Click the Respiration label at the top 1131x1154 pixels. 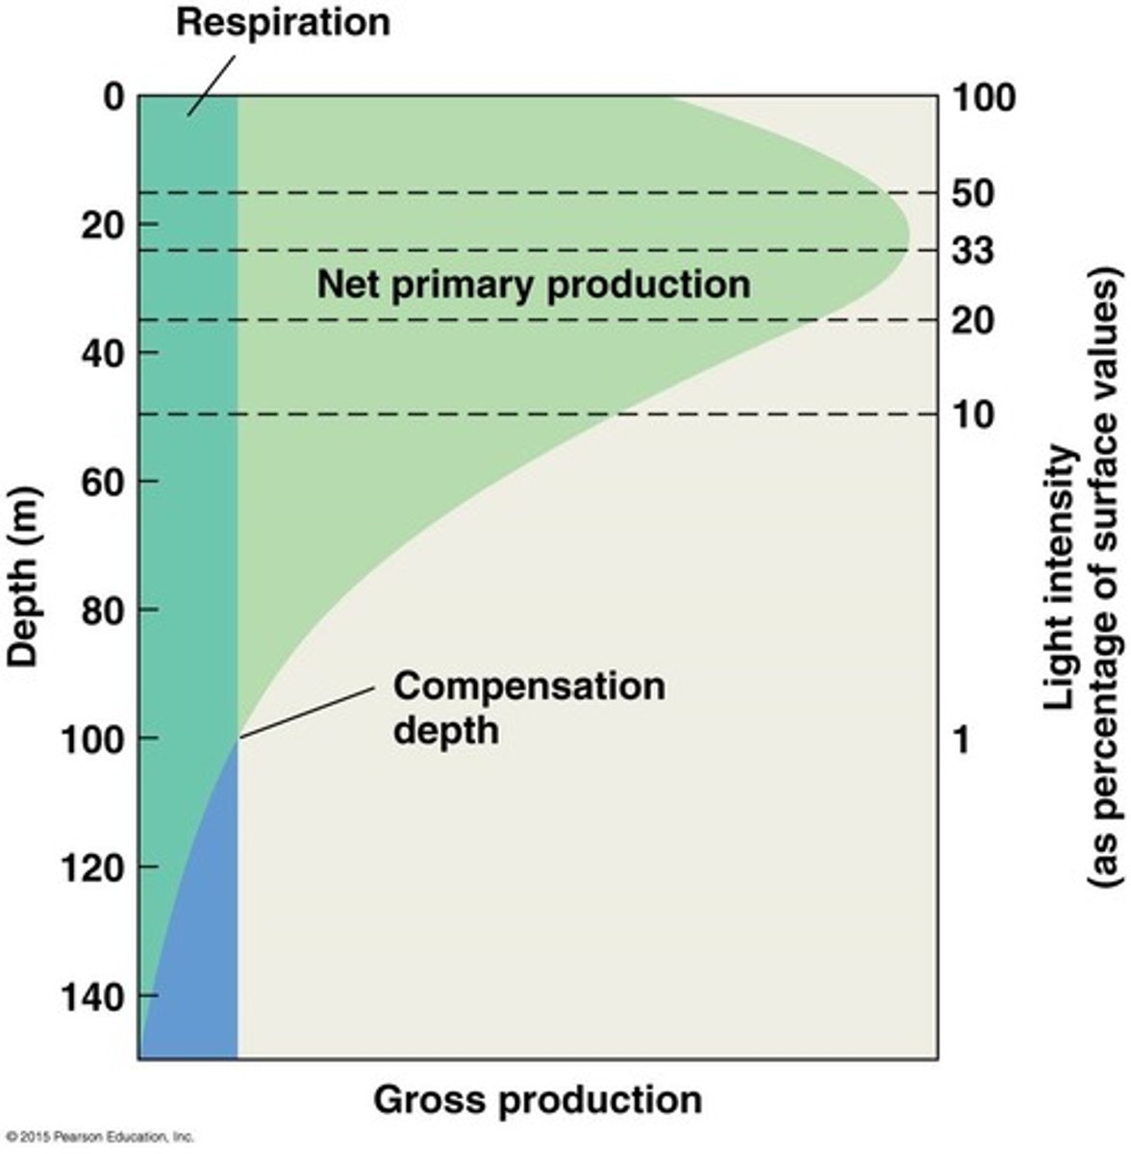tap(283, 21)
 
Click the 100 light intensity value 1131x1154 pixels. tap(984, 97)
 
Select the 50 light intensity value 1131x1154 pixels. tap(973, 193)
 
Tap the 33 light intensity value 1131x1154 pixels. tap(973, 252)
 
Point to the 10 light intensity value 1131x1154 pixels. tap(973, 414)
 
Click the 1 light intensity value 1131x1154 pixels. tap(962, 740)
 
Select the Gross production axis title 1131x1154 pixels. tap(538, 1099)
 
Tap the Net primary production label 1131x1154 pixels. tap(534, 285)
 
